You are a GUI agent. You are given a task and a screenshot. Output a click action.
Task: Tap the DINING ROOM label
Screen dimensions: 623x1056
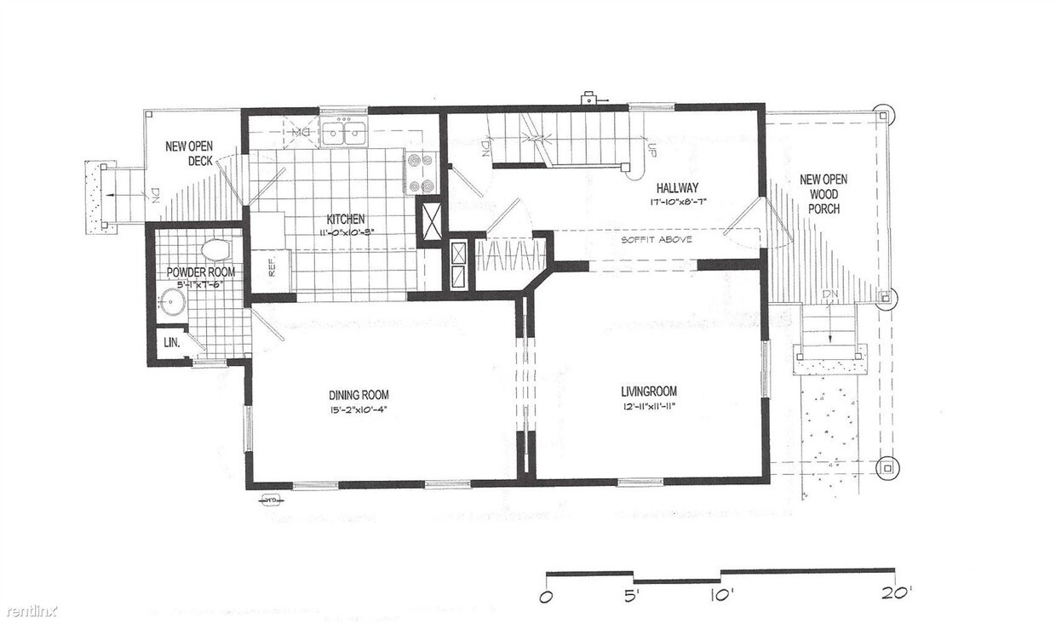[359, 394]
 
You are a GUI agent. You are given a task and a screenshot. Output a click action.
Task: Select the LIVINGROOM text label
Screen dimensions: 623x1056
[648, 392]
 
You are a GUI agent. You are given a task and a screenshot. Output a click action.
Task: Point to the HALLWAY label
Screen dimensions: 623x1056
[678, 188]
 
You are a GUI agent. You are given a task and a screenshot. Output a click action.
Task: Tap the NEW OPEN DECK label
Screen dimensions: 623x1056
[188, 152]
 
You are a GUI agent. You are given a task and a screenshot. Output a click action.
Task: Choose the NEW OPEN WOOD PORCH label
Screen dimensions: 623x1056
[823, 193]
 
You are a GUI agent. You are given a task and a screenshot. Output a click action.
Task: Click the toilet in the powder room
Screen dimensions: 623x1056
[215, 250]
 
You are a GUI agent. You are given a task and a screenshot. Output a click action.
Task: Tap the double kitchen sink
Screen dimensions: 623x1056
[344, 134]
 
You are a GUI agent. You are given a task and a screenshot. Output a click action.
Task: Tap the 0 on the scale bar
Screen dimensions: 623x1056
[547, 595]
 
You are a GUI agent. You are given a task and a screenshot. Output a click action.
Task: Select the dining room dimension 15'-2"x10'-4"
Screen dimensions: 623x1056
[359, 410]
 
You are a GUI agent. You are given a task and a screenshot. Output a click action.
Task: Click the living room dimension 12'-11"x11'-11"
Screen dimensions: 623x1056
[649, 407]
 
